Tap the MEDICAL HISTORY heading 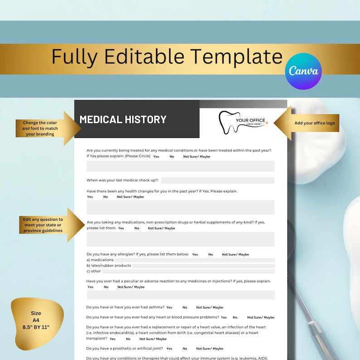coord(123,120)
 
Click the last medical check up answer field coord(217,180)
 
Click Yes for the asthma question coord(169,307)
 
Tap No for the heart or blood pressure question coord(235,317)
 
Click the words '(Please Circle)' coord(137,156)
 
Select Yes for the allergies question coord(195,254)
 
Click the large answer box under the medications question coord(180,239)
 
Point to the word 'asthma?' coord(156,307)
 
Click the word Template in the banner coord(236,57)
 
